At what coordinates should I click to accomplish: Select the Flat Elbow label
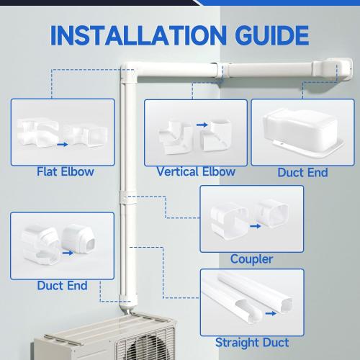point(65,172)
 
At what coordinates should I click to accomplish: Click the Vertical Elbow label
point(196,171)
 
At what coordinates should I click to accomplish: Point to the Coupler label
point(251,258)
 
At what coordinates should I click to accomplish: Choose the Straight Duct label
point(252,342)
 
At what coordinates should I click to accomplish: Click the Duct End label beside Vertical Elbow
point(302,172)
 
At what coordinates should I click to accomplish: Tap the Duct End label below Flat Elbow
point(62,286)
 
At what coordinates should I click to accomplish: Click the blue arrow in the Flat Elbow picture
point(62,144)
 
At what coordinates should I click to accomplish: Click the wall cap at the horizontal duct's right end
point(334,68)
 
